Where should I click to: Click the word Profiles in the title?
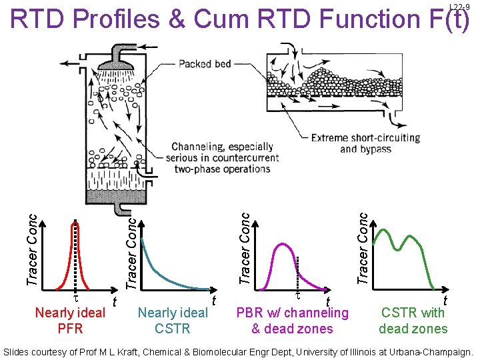tap(113, 20)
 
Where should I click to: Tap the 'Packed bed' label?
tap(205, 64)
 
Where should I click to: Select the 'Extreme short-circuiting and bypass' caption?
tap(365, 143)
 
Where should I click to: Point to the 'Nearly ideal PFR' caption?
tap(70, 320)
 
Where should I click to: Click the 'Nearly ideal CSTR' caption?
tap(173, 320)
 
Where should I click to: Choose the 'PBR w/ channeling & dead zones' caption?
tap(292, 320)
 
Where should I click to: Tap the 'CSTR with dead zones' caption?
tap(413, 320)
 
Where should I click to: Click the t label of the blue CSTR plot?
tap(214, 301)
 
